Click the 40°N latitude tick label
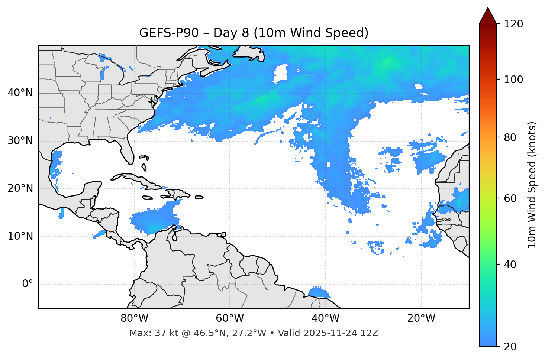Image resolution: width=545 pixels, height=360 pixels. tap(20, 93)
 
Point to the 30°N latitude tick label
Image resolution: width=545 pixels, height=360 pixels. tap(20, 141)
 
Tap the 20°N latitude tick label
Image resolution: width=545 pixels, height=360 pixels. tap(20, 188)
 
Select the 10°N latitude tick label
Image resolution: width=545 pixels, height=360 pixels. tap(20, 236)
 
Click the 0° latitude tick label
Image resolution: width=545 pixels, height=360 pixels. tap(28, 284)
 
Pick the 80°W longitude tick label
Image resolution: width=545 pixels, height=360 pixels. tap(134, 318)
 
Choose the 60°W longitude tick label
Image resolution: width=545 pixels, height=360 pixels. tap(230, 318)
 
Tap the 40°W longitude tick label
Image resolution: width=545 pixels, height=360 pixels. tap(325, 318)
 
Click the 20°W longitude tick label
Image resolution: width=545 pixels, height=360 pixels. tap(421, 318)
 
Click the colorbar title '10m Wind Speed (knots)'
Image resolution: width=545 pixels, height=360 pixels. tap(532, 185)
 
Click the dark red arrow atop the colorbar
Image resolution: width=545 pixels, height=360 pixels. tap(488, 16)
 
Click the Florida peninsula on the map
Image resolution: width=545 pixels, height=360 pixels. tap(127, 150)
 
